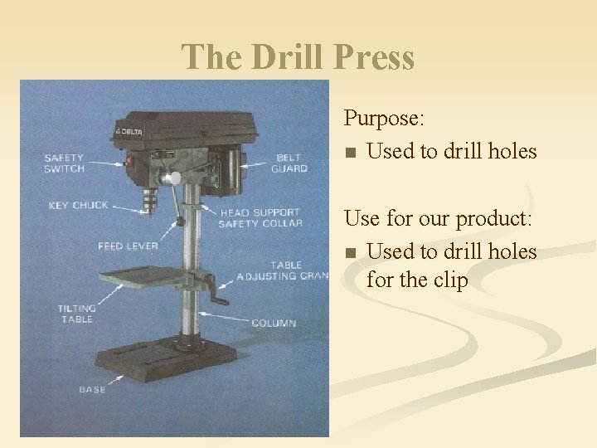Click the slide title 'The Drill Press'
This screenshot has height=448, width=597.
coord(298,57)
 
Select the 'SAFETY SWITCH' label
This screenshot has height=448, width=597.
coord(64,163)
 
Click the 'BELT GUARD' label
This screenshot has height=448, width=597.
coord(289,163)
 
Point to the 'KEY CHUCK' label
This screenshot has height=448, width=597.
coord(78,205)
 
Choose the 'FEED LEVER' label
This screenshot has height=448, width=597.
coord(127,246)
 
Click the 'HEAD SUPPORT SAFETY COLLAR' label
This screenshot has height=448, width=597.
coord(260,217)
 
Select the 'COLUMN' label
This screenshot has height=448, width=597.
coord(274,322)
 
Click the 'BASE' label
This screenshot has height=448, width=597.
coord(91,389)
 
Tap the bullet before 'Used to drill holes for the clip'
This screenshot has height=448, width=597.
coord(352,252)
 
